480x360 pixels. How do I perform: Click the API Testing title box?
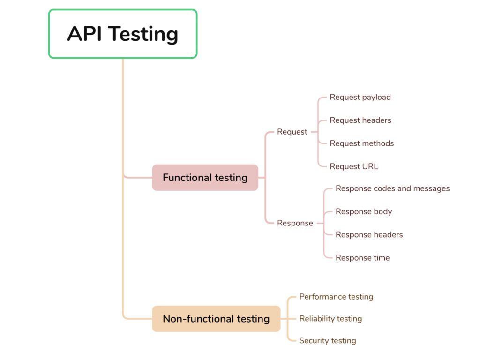point(123,34)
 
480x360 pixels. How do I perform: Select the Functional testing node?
point(205,178)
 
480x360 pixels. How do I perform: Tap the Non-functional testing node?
point(216,319)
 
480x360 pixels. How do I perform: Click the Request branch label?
point(292,132)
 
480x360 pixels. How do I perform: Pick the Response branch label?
point(295,223)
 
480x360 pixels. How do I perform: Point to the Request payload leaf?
point(360,97)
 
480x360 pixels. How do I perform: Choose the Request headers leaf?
point(360,120)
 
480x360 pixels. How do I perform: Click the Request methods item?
point(361,143)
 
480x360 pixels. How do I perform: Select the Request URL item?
point(353,166)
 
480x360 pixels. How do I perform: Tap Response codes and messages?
point(392,188)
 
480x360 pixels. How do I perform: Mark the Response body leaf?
point(363,211)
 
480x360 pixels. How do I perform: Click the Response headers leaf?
point(369,234)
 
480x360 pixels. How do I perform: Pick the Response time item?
point(362,258)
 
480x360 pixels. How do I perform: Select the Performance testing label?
point(336,297)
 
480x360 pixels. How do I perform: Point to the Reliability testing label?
point(330,319)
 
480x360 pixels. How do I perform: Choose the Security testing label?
point(328,341)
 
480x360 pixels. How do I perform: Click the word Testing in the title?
point(143,34)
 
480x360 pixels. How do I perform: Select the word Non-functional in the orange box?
point(192,319)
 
